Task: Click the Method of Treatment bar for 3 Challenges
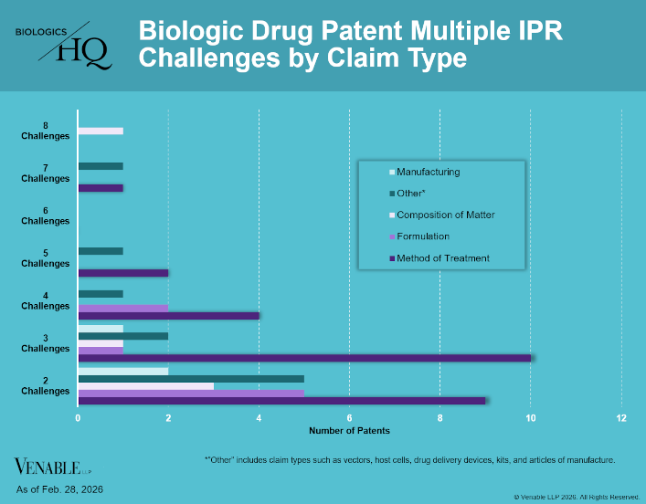pos(304,358)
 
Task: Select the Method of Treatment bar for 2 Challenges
pos(282,401)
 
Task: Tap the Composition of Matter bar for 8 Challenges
pos(101,131)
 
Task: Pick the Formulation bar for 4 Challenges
pos(123,307)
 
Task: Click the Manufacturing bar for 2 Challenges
pos(123,370)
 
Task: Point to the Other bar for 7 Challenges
pos(101,166)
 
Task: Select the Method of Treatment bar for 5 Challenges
pos(123,273)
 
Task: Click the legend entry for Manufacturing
pos(428,172)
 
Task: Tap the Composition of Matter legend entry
pos(445,215)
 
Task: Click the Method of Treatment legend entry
pos(442,258)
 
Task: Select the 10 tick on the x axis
pos(531,417)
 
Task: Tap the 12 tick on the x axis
pos(621,417)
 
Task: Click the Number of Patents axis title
pos(349,430)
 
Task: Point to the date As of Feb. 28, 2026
pos(59,490)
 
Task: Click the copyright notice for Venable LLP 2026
pos(577,497)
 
